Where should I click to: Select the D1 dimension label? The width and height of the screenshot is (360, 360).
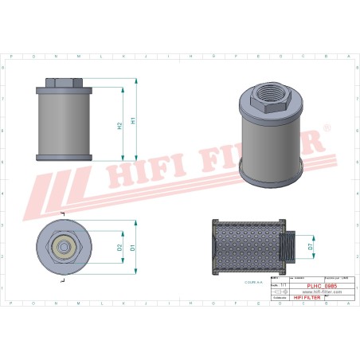click(x=133, y=248)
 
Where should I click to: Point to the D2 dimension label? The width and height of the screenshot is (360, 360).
click(x=120, y=248)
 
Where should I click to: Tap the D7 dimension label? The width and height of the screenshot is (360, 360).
click(x=310, y=248)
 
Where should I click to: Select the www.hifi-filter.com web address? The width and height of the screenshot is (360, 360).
click(x=321, y=292)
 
